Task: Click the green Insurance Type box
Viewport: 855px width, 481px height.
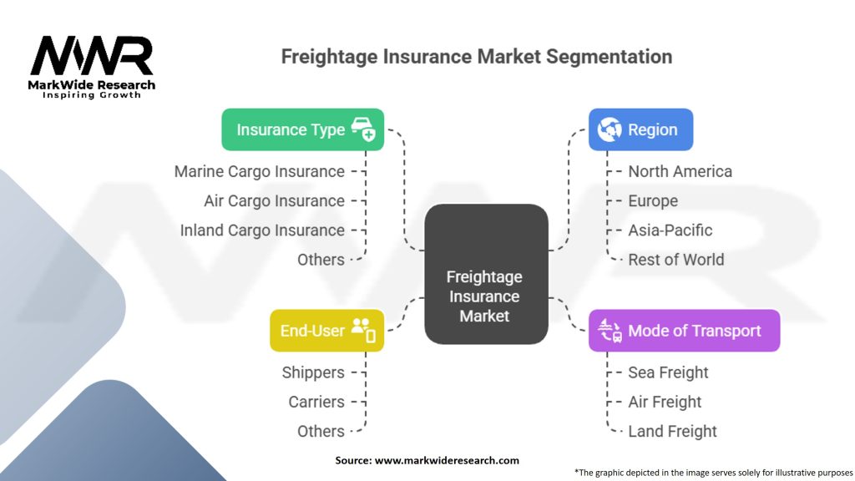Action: [302, 129]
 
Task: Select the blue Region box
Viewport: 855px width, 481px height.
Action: [640, 129]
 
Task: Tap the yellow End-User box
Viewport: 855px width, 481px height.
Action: [326, 331]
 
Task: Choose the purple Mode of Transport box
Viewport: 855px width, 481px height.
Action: [685, 331]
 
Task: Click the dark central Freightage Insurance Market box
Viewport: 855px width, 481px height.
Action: [486, 274]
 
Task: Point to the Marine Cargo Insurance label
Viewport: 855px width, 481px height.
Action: [260, 171]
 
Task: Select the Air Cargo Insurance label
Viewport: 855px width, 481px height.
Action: [274, 200]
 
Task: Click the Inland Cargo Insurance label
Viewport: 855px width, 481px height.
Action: [262, 230]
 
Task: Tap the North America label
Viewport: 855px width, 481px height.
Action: [680, 171]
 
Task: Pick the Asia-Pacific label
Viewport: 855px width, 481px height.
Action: [670, 230]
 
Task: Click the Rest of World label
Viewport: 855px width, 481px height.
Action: [676, 260]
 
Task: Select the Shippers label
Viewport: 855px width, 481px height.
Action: [313, 372]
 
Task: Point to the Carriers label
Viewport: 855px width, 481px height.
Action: [316, 402]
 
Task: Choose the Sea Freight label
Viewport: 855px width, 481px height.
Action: [668, 372]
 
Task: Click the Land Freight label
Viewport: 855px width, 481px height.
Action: [672, 432]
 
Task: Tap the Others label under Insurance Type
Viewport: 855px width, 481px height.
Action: [321, 260]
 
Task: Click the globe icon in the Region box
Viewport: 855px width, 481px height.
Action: [609, 129]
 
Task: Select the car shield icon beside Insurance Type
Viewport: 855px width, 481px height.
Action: [363, 129]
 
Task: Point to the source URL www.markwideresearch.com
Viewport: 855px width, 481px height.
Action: [447, 460]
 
